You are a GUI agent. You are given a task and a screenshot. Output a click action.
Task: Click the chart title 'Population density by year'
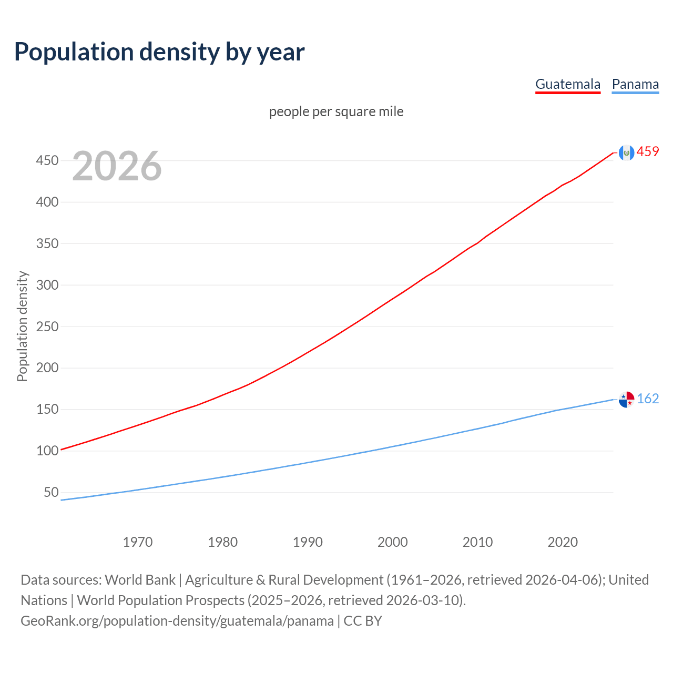point(159,52)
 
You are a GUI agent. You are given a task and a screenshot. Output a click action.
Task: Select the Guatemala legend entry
point(567,84)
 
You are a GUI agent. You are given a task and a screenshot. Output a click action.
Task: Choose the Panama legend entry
point(635,84)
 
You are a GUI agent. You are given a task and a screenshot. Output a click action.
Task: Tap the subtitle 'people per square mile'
point(336,111)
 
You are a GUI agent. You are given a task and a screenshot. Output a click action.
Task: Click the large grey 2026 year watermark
point(117,166)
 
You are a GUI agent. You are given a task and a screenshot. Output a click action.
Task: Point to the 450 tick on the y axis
point(47,160)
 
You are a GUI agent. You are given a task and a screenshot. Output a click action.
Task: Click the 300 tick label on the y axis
point(47,285)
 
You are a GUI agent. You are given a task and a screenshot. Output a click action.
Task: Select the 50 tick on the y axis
point(51,493)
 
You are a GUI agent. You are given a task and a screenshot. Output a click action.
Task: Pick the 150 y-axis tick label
point(47,410)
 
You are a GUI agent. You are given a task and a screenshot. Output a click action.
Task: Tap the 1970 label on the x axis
point(138,542)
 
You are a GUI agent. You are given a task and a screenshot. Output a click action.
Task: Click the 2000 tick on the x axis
point(393,542)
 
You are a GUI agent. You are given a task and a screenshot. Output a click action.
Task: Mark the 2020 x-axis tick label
point(563,542)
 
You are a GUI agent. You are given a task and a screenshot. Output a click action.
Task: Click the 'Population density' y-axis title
point(22,326)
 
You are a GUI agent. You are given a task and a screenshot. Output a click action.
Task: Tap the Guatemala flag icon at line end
point(626,152)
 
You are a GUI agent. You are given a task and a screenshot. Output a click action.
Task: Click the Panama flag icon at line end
point(626,400)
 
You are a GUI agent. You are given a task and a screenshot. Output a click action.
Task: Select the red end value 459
point(648,152)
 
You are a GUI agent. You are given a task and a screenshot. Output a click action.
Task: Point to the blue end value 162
point(648,399)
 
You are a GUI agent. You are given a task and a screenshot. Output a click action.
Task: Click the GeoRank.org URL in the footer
point(177,621)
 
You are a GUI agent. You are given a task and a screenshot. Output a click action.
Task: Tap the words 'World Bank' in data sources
point(140,580)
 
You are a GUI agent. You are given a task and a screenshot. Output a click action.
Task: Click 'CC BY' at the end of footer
point(363,621)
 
